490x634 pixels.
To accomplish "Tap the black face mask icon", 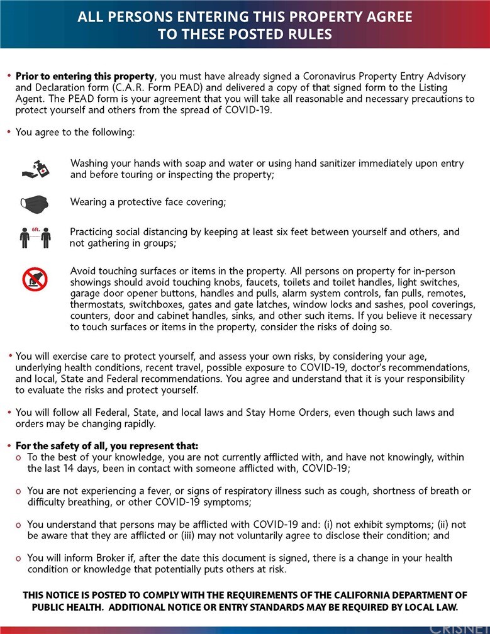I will click(34, 203).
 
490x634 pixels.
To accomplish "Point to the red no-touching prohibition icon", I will click(35, 279).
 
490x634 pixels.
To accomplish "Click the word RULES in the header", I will click(309, 34).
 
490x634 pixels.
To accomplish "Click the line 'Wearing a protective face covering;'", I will click(148, 202).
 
